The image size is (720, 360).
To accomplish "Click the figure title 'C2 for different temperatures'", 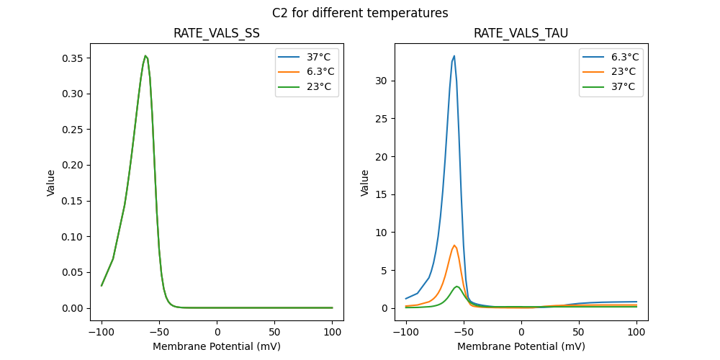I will tap(360, 13).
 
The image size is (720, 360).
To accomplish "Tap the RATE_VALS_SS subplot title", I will tap(217, 34).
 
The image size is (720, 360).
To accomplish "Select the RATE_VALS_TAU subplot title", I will tap(521, 34).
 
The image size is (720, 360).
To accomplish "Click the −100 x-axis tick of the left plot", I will tap(102, 333).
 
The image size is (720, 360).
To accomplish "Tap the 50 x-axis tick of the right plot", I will tap(579, 333).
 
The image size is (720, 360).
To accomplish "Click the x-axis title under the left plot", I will tap(217, 346).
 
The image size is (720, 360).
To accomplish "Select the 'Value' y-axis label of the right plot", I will tap(365, 183).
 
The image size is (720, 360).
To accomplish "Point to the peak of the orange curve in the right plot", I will tap(454, 245).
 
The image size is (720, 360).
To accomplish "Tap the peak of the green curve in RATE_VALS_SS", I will tap(145, 55).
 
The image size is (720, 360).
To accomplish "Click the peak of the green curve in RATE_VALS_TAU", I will tap(457, 287).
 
